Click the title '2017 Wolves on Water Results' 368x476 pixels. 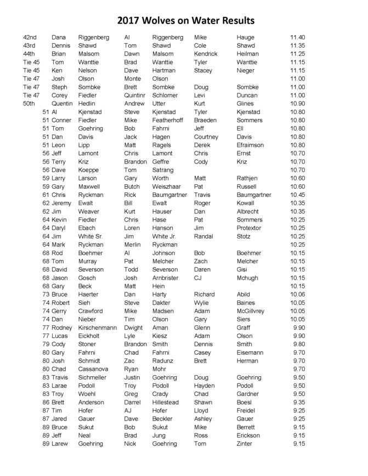(186, 21)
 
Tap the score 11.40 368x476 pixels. (297, 37)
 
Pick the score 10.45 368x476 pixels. (297, 195)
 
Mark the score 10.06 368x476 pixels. (297, 294)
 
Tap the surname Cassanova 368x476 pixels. (93, 369)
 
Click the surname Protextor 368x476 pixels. (249, 228)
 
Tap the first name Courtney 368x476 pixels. (206, 137)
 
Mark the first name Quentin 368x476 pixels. (62, 104)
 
